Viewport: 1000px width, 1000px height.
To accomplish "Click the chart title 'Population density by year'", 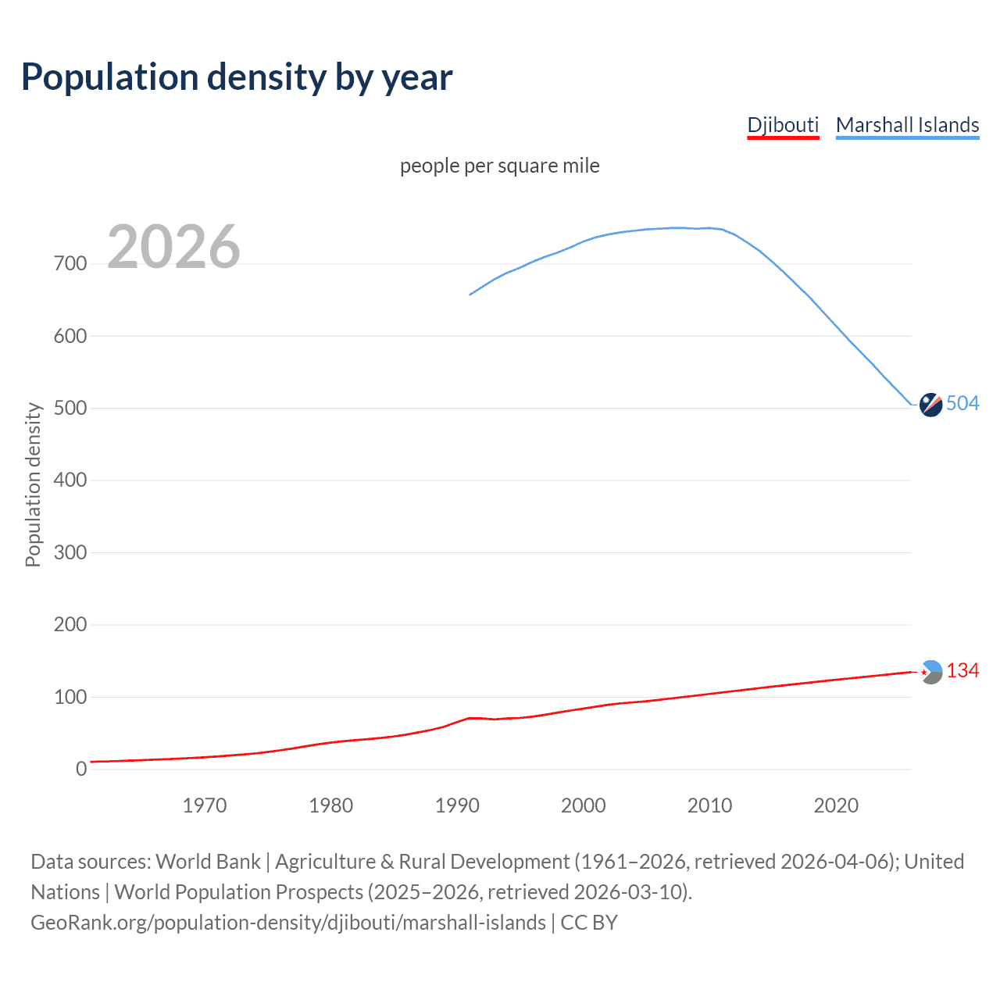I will [x=237, y=77].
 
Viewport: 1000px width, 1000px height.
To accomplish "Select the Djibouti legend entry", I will [x=783, y=125].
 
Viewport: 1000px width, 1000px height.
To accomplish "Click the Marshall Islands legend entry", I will [x=907, y=125].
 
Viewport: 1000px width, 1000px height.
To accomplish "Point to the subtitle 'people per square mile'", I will [x=499, y=166].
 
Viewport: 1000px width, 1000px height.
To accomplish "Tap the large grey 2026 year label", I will [x=173, y=247].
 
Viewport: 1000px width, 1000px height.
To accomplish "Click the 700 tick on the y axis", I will [x=70, y=264].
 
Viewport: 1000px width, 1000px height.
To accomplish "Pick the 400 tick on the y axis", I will [x=70, y=480].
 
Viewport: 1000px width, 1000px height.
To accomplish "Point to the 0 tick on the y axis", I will [x=81, y=769].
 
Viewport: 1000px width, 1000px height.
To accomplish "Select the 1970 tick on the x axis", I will [x=205, y=805].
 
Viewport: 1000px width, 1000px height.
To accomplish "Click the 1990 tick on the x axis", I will [x=457, y=805].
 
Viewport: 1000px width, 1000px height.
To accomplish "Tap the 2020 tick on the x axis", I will [x=836, y=805].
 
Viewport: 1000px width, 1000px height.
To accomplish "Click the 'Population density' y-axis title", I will [x=33, y=484].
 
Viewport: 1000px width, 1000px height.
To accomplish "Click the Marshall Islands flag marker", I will [x=930, y=405].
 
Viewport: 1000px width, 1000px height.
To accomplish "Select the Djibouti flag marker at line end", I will [x=930, y=672].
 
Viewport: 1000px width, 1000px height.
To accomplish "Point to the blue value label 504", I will [x=962, y=403].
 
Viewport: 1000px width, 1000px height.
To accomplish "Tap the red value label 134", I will [x=962, y=671].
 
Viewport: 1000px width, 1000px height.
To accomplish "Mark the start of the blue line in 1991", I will [x=470, y=295].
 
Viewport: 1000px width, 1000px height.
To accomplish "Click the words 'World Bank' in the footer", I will [x=208, y=862].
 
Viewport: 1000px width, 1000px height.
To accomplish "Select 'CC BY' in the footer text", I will [x=589, y=923].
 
